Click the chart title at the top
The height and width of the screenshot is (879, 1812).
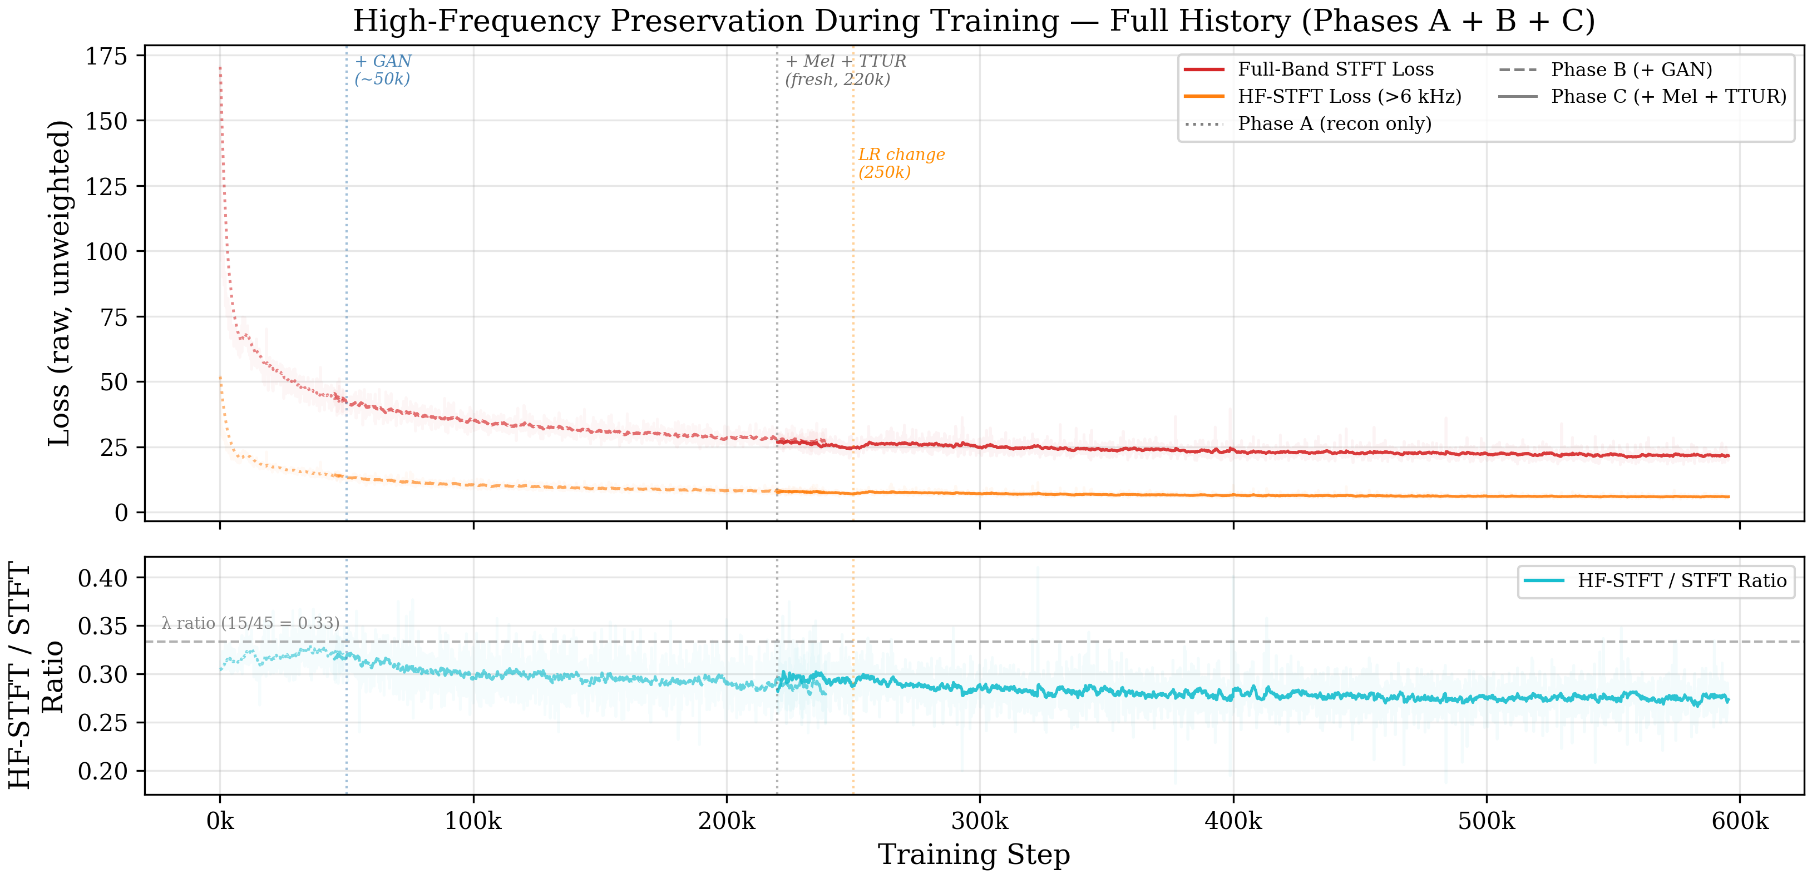[974, 21]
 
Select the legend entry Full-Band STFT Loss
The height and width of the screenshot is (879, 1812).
[1335, 69]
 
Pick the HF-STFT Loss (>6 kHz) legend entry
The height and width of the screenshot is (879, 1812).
[1349, 96]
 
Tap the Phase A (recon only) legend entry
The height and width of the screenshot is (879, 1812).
[1334, 124]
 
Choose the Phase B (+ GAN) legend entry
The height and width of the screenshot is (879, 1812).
[1631, 69]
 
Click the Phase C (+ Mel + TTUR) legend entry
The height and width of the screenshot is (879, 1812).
[1668, 96]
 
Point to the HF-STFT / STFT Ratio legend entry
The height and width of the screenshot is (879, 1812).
[1682, 581]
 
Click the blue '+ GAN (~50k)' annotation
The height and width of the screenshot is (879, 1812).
[383, 70]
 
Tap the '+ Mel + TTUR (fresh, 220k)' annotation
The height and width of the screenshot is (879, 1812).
[846, 70]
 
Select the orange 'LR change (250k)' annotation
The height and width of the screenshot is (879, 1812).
[901, 163]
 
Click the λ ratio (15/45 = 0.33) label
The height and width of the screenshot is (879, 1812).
[250, 623]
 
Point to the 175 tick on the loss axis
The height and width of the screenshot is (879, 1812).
[106, 56]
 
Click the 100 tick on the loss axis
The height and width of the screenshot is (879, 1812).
[106, 252]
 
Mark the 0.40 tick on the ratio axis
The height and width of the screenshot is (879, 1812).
[103, 579]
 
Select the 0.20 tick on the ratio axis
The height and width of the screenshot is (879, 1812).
[103, 771]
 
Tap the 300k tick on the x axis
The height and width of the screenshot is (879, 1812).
[980, 821]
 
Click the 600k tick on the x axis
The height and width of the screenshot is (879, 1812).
[1740, 821]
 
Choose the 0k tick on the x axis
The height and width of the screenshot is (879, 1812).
[220, 821]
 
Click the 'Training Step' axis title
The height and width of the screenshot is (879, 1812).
[974, 855]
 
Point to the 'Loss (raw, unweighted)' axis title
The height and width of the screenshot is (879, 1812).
[60, 282]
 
